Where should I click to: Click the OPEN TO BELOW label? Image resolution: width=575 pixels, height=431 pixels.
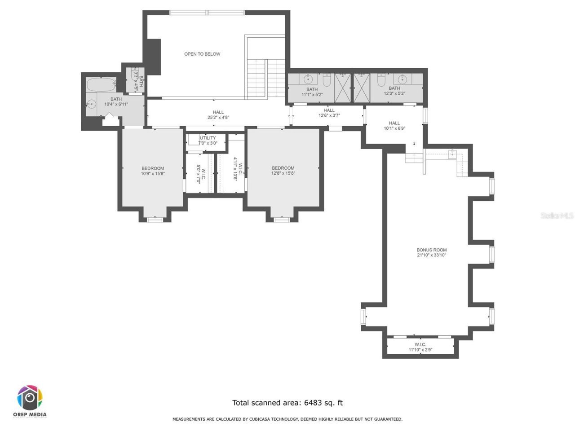(x=202, y=54)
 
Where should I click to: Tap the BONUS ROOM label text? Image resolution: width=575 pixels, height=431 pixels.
(x=431, y=250)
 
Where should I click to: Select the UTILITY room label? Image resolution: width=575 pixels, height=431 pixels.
(x=208, y=138)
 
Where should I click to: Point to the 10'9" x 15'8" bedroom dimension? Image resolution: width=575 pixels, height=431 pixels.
(x=153, y=173)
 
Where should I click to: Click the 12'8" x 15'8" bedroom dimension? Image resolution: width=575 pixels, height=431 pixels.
(x=283, y=173)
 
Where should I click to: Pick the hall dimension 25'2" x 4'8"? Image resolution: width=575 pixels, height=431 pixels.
(x=218, y=118)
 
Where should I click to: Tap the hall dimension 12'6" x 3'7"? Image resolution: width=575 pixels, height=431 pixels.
(x=329, y=115)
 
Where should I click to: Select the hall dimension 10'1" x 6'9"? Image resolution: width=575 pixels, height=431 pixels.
(x=394, y=128)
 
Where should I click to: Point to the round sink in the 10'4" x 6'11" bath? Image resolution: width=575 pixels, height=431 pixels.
(x=91, y=104)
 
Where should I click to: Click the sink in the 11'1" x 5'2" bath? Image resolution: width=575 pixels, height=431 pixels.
(x=308, y=79)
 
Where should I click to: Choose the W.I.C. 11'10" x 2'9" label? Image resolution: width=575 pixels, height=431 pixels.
(x=420, y=347)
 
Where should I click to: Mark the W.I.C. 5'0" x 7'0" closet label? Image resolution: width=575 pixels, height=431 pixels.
(x=200, y=173)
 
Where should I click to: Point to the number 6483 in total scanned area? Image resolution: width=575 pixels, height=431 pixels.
(x=314, y=403)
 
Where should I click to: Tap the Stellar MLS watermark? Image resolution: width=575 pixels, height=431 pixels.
(x=557, y=216)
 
